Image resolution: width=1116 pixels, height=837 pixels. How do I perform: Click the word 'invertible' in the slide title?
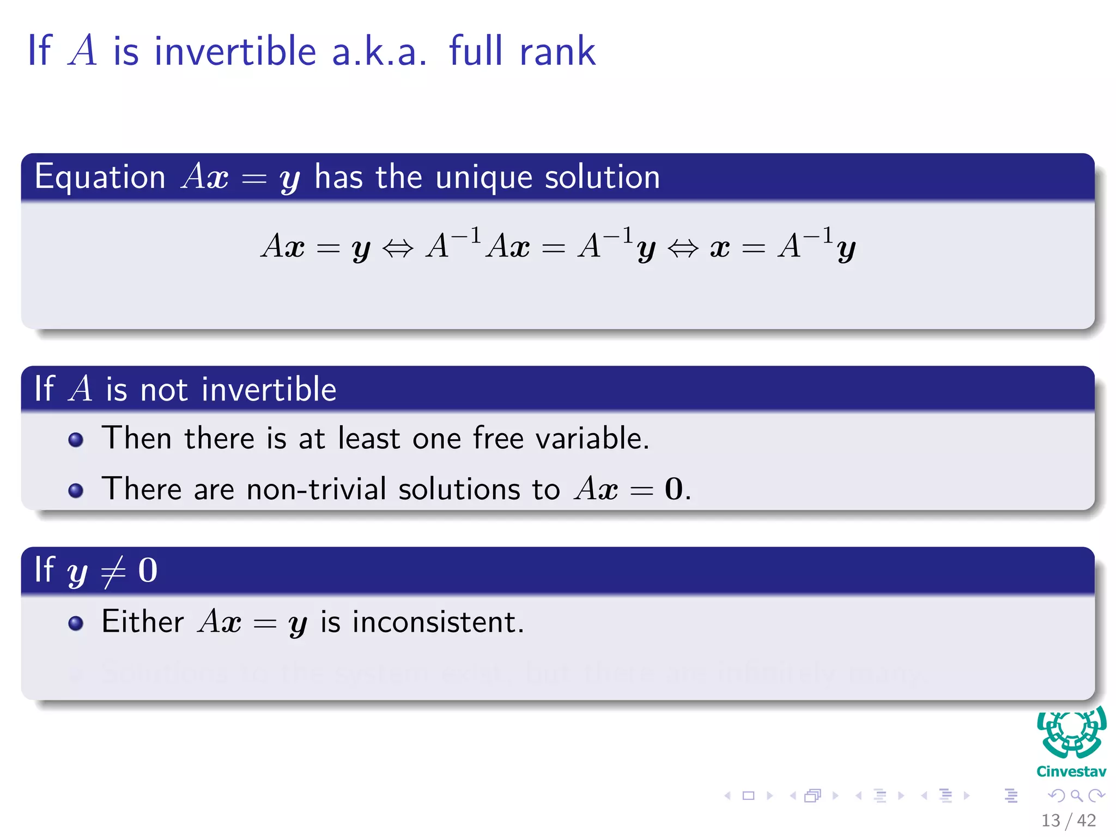point(235,51)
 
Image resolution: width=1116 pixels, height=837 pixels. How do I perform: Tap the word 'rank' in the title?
point(557,51)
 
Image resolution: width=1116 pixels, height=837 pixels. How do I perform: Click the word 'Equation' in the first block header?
point(100,178)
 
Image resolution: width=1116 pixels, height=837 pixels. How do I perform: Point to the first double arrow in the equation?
point(398,248)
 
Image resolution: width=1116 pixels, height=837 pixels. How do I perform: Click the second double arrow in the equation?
point(683,248)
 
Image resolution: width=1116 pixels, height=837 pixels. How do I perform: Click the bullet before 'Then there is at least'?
point(76,440)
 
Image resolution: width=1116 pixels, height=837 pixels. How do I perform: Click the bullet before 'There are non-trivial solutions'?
point(76,490)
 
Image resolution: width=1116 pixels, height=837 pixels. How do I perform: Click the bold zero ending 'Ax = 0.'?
point(674,489)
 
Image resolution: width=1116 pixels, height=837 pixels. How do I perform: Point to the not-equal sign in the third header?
point(113,572)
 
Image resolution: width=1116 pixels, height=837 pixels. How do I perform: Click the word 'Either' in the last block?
point(143,622)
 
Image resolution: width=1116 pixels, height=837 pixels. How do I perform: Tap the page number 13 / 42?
point(1068,820)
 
